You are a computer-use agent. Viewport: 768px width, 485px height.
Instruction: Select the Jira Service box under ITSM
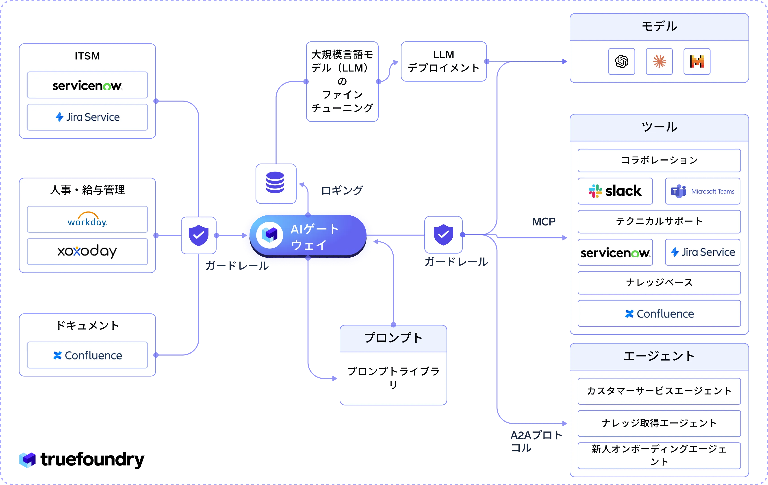[x=87, y=117]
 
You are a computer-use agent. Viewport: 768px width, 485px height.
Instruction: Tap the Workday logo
[x=87, y=219]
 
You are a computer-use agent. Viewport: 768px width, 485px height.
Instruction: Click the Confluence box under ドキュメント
[x=87, y=355]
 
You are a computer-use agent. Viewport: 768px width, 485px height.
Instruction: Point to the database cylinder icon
[x=275, y=182]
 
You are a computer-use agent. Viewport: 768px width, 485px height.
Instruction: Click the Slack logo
[x=615, y=191]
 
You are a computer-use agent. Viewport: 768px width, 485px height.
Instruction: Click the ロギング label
[x=342, y=191]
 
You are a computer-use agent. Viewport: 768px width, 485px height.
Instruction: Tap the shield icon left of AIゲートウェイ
[x=199, y=235]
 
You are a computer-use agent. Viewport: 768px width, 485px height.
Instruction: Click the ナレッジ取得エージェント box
[x=659, y=423]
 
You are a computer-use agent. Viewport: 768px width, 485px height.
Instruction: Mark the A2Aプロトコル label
[x=536, y=441]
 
